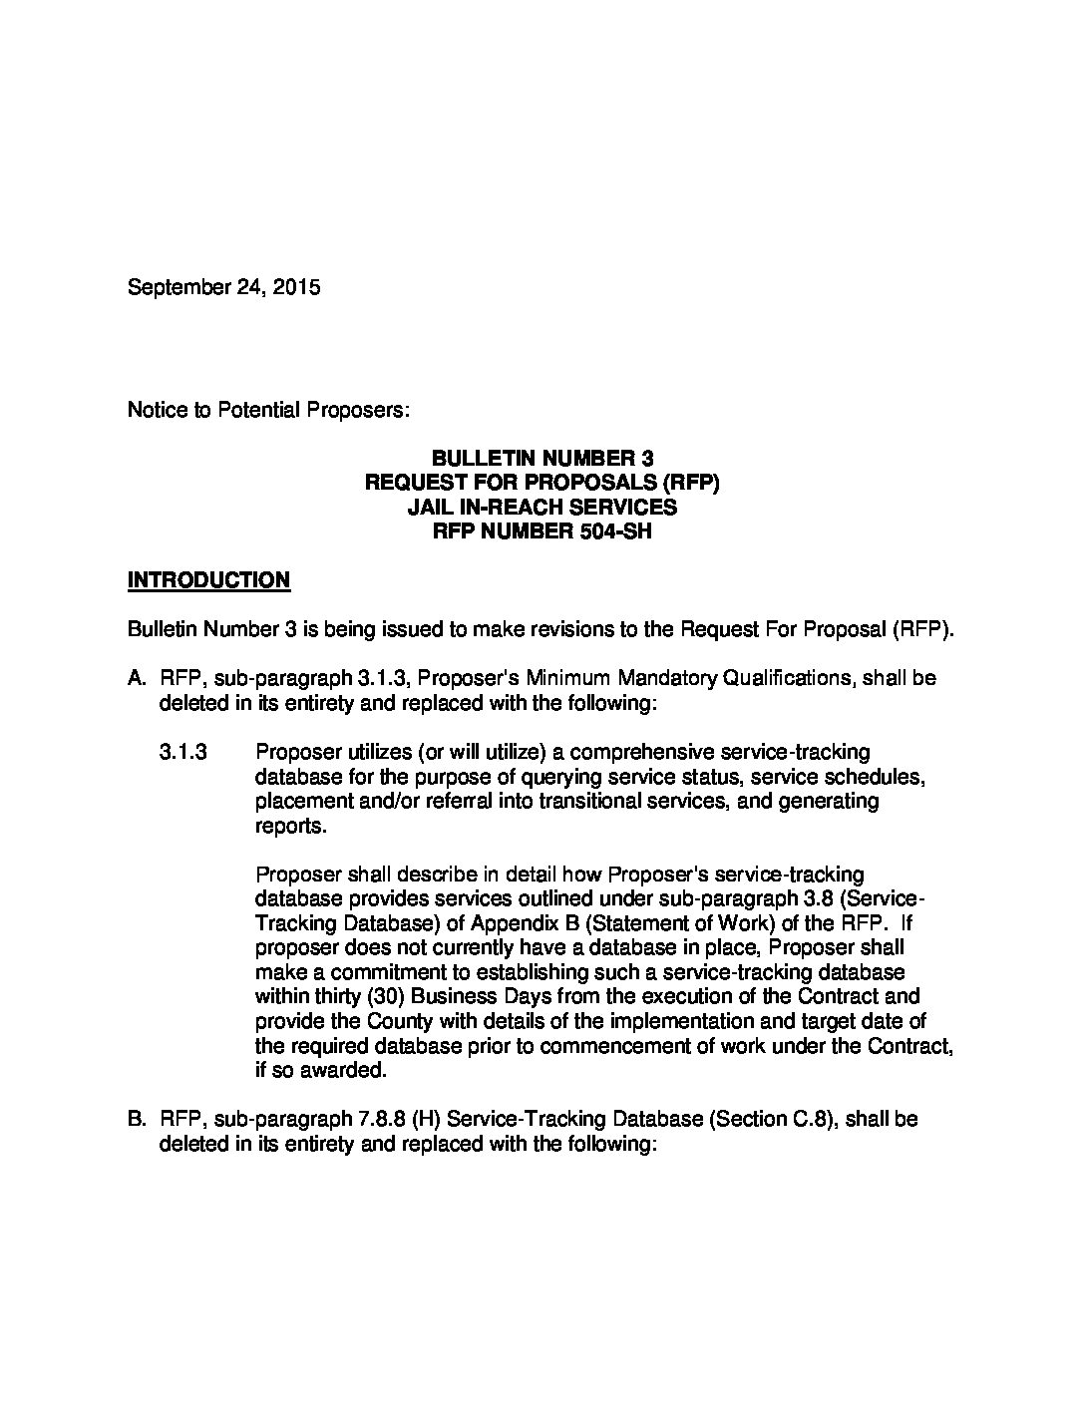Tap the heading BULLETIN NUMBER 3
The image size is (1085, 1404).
tap(542, 459)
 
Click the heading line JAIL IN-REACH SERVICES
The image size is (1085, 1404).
tap(542, 507)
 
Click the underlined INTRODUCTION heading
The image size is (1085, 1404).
tap(208, 580)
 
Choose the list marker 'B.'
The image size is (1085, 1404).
tap(138, 1120)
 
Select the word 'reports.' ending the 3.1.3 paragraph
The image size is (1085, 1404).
tap(290, 827)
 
